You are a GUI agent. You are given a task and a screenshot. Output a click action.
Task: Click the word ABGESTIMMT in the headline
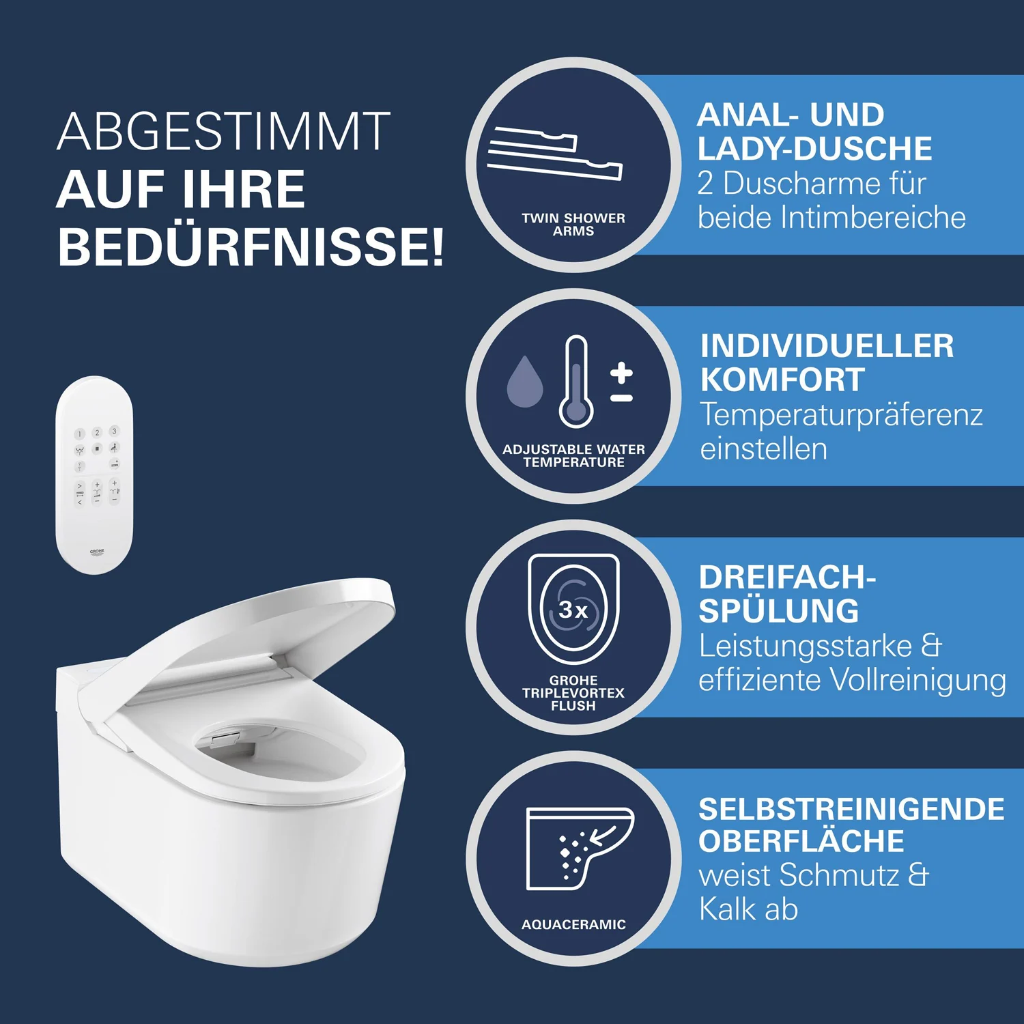(x=224, y=131)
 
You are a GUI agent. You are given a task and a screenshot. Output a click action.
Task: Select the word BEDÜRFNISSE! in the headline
(x=251, y=246)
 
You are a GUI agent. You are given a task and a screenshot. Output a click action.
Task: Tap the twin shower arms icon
(x=554, y=154)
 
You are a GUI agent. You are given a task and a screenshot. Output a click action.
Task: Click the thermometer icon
(x=576, y=382)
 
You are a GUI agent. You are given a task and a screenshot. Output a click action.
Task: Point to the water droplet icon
(x=524, y=382)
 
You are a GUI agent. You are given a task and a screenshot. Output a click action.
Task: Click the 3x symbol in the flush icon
(x=573, y=610)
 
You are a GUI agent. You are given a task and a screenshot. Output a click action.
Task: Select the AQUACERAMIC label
(x=573, y=924)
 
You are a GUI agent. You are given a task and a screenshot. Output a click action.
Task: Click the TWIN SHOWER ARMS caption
(x=573, y=225)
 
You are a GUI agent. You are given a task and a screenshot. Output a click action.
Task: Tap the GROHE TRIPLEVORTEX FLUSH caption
(x=573, y=693)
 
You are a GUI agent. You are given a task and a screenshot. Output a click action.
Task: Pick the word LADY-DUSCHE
(x=814, y=149)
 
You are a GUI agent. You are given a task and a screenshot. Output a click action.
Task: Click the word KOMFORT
(x=782, y=380)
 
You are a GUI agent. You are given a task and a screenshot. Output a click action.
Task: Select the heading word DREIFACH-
(x=787, y=578)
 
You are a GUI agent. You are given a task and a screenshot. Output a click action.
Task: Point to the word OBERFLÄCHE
(x=801, y=841)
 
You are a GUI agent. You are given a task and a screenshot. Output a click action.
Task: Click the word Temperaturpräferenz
(x=842, y=415)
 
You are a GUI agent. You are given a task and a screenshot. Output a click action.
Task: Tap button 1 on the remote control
(x=79, y=433)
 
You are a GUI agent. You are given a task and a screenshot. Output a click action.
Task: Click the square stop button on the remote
(x=97, y=449)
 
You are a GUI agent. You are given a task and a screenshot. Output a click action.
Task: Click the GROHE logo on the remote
(x=97, y=552)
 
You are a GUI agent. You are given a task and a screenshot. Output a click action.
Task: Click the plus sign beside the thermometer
(x=621, y=373)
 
